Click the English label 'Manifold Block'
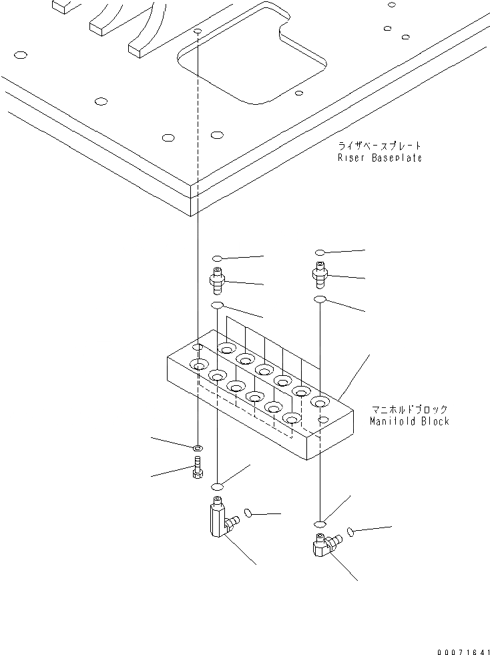click(x=409, y=421)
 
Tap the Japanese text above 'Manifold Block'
click(x=409, y=409)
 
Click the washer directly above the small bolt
click(x=198, y=447)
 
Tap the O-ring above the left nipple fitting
click(x=217, y=258)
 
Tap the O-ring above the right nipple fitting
click(x=320, y=252)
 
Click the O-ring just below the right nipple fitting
click(x=320, y=299)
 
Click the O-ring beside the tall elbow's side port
click(x=247, y=513)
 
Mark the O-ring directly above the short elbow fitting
click(x=321, y=523)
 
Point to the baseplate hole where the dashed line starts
click(x=198, y=31)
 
